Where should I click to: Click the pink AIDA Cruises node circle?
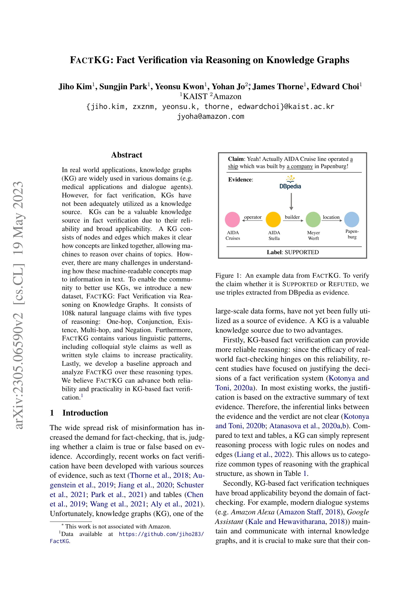pyautogui.click(x=232, y=219)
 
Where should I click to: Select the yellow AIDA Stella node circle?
pyautogui.click(x=273, y=219)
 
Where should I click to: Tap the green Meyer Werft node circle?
pyautogui.click(x=313, y=219)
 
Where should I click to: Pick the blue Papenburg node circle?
pyautogui.click(x=351, y=219)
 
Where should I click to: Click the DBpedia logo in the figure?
pyautogui.click(x=290, y=183)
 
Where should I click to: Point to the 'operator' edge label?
pyautogui.click(x=253, y=217)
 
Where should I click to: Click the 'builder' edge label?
pyautogui.click(x=292, y=217)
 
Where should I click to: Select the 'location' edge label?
pyautogui.click(x=331, y=217)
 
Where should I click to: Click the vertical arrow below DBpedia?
pyautogui.click(x=291, y=201)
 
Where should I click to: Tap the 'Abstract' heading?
pyautogui.click(x=126, y=155)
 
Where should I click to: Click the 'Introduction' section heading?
pyautogui.click(x=85, y=413)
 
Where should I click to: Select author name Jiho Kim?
pyautogui.click(x=75, y=87)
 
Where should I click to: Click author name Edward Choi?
pyautogui.click(x=335, y=87)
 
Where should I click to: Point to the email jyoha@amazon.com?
pyautogui.click(x=210, y=116)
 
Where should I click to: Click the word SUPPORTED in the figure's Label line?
pyautogui.click(x=301, y=252)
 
